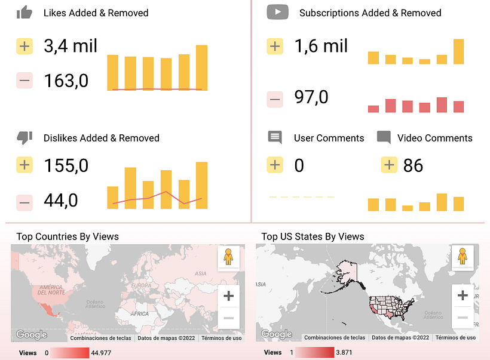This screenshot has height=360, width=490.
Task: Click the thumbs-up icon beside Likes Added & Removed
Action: click(x=24, y=13)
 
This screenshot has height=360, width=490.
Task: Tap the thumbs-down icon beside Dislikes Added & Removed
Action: click(x=24, y=138)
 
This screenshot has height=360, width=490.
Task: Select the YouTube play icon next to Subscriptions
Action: click(x=277, y=12)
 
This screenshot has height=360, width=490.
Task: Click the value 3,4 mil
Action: click(x=71, y=46)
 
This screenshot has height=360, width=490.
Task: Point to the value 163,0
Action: click(x=66, y=80)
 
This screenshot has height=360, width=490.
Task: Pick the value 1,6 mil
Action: click(x=321, y=46)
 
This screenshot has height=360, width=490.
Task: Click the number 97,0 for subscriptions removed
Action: click(x=311, y=97)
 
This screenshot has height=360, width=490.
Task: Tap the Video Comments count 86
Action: click(x=413, y=165)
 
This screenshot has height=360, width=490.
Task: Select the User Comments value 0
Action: click(x=299, y=165)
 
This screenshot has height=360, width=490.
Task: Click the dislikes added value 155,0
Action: click(x=66, y=165)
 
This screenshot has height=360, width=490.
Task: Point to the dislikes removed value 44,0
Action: click(x=60, y=201)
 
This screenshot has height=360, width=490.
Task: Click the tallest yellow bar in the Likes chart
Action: click(x=201, y=67)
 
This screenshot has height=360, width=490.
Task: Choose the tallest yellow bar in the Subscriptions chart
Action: click(x=458, y=51)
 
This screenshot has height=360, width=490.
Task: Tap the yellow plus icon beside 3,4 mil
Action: click(x=24, y=47)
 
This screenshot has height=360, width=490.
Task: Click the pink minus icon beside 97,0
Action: click(x=275, y=99)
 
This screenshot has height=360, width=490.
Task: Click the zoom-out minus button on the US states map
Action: click(x=463, y=318)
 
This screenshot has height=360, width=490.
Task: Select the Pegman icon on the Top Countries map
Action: click(x=228, y=257)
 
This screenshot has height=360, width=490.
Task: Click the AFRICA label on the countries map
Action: click(x=139, y=313)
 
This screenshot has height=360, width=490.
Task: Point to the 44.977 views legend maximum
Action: click(x=99, y=353)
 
